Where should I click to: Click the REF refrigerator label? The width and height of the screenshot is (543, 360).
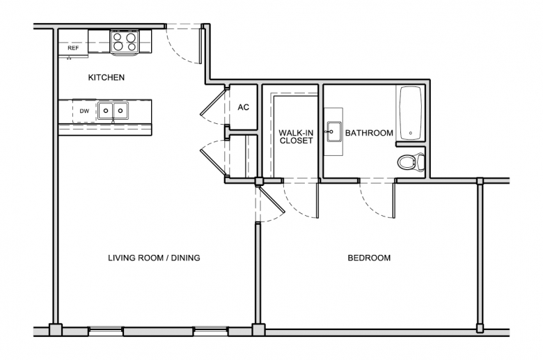(73, 48)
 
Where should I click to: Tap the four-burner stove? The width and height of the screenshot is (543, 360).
(125, 42)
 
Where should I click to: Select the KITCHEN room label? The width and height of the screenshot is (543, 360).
(107, 77)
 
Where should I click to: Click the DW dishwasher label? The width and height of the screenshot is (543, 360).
(84, 111)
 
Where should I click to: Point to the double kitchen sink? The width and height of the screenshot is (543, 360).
(113, 111)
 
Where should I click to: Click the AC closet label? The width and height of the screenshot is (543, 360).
(244, 107)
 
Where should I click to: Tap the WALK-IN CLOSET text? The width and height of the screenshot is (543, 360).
(296, 136)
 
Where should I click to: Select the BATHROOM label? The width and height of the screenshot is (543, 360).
(369, 133)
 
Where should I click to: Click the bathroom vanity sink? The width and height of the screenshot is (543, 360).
(334, 132)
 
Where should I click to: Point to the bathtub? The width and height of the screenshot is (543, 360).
(411, 113)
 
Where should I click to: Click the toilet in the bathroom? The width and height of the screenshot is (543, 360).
(411, 162)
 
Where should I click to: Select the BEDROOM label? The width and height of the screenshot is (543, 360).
(369, 258)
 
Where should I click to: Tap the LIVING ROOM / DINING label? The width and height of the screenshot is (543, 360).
(154, 258)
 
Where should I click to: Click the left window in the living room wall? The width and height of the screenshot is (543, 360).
(106, 331)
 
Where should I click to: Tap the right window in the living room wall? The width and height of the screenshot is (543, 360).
(210, 331)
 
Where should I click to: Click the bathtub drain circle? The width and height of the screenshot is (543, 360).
(411, 133)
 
